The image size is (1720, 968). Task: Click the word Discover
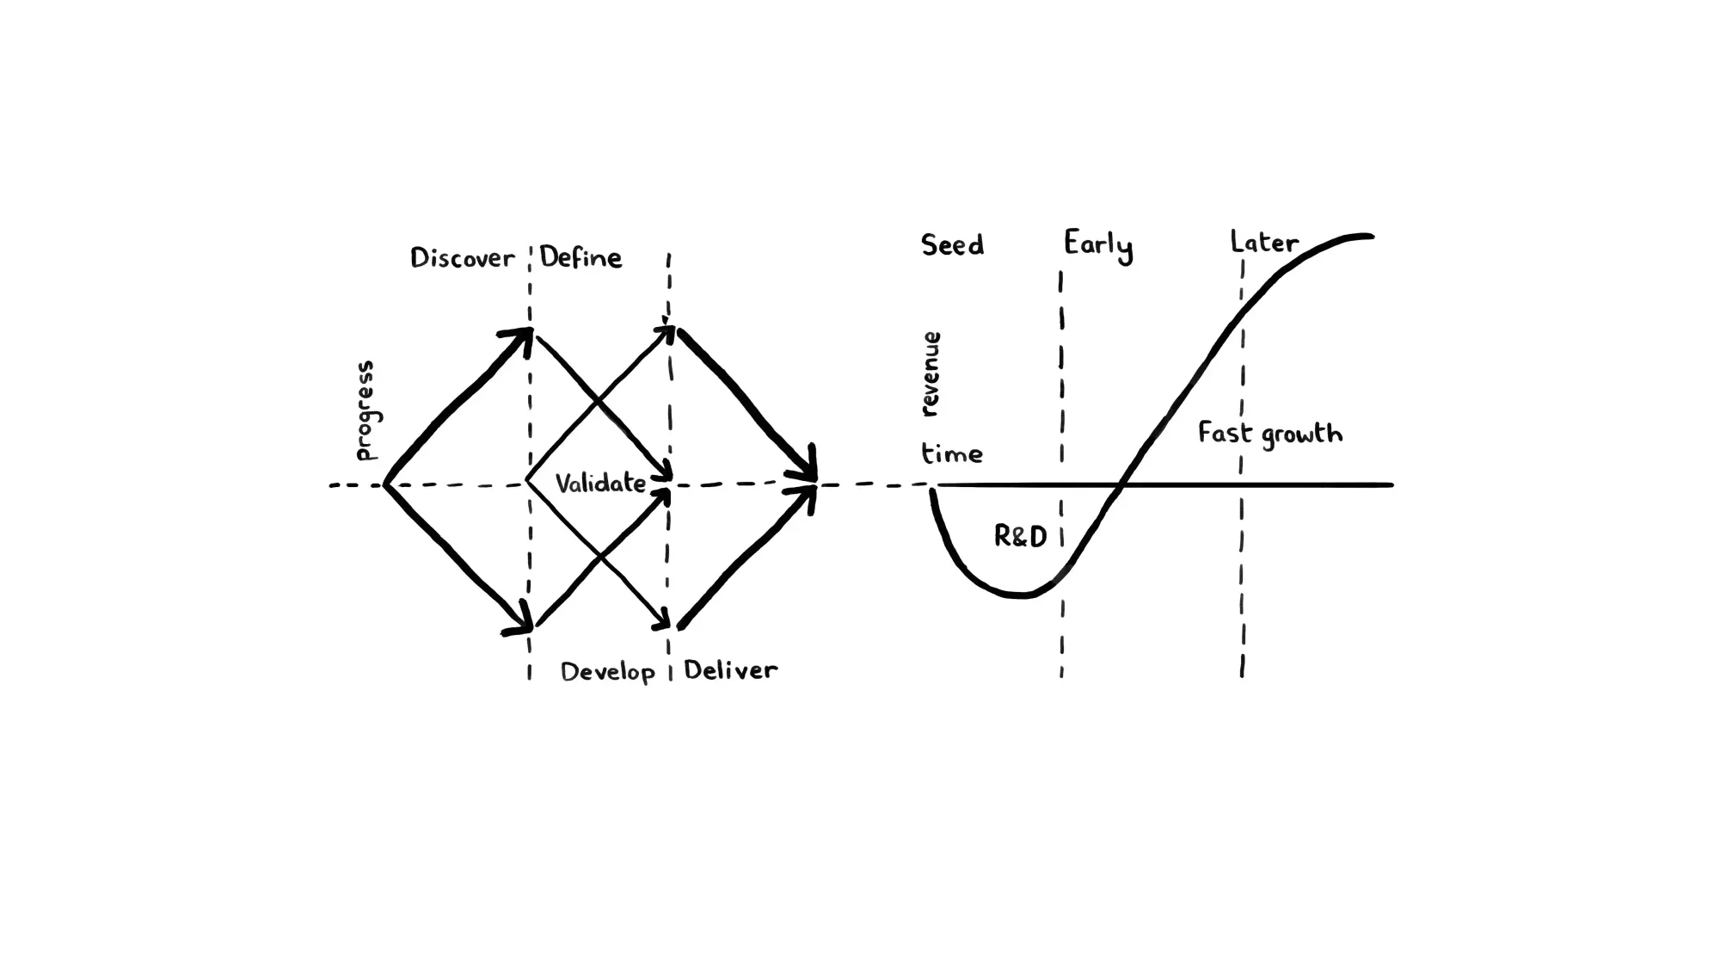(x=462, y=258)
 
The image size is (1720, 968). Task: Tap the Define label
(x=580, y=257)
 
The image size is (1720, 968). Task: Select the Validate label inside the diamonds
(x=600, y=483)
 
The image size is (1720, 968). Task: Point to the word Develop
(x=607, y=672)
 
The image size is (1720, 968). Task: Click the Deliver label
(x=730, y=670)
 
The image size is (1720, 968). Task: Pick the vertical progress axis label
(x=365, y=410)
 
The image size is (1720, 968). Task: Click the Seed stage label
(x=952, y=245)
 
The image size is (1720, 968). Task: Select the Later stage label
(x=1263, y=242)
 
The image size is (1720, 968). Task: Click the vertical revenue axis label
(x=930, y=374)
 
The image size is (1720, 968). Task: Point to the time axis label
(x=952, y=453)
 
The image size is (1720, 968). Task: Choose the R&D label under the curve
(x=1020, y=537)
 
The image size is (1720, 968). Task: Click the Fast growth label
(x=1269, y=434)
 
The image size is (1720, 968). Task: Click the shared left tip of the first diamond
(x=386, y=484)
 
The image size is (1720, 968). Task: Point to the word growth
(x=1301, y=435)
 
